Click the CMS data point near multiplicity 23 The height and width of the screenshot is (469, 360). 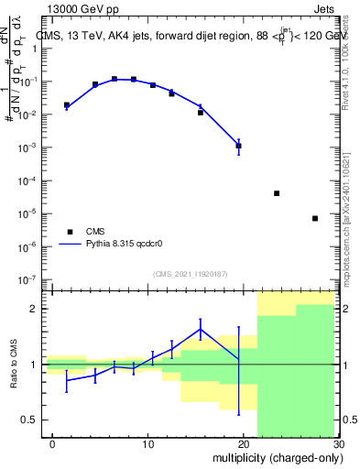(x=277, y=193)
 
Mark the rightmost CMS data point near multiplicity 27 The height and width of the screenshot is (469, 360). (x=315, y=218)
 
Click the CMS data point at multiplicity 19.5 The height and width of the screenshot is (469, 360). (x=238, y=146)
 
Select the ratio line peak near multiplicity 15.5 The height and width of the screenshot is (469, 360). (x=200, y=329)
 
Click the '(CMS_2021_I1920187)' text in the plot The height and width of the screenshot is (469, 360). (x=190, y=274)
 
